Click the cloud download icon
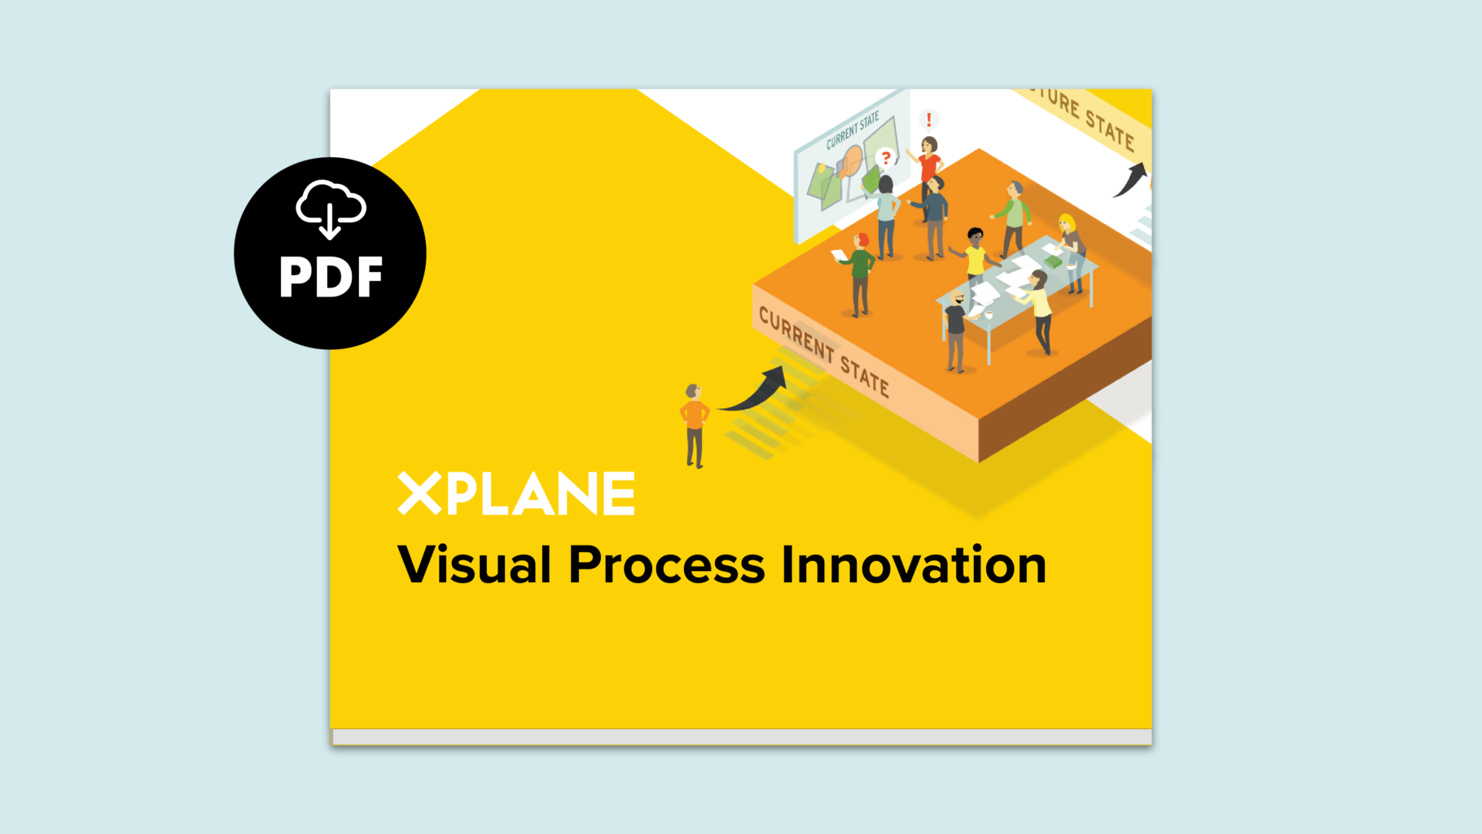tap(331, 208)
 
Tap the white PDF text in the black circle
tap(331, 278)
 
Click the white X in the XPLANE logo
tap(419, 493)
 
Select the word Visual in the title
tap(475, 564)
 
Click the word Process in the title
tap(667, 564)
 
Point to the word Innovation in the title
tap(914, 564)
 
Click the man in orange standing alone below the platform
tap(694, 426)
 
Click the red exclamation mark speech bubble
tap(929, 120)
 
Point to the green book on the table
tap(1054, 262)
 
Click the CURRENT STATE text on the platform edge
tap(823, 352)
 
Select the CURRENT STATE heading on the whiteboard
tap(853, 131)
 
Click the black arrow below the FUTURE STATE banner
tap(1131, 179)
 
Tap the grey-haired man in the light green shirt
tap(1012, 218)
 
